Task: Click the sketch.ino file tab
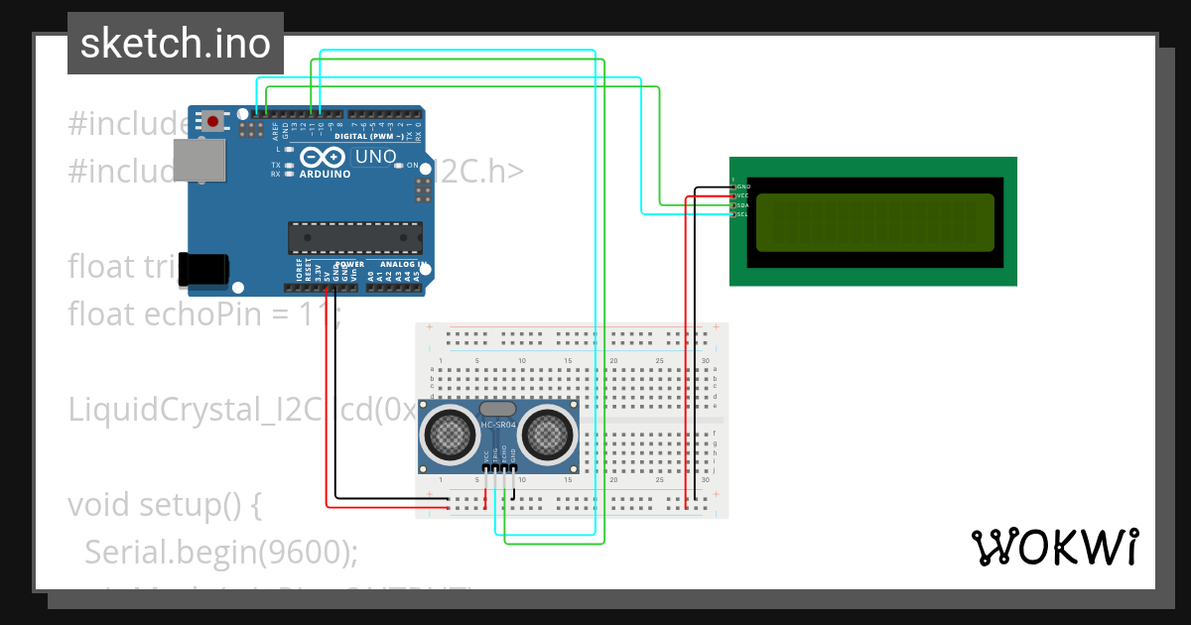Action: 175,44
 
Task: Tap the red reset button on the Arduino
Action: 212,121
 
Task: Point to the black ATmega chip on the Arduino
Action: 354,238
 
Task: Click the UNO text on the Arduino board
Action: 375,157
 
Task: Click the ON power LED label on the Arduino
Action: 412,166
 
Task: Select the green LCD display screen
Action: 874,222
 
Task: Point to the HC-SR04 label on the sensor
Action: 499,426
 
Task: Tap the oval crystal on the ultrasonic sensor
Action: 498,408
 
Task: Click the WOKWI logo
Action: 1054,547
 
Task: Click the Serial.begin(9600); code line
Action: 220,552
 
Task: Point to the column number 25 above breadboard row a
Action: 659,360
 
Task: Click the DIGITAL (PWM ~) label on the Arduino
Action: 369,136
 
